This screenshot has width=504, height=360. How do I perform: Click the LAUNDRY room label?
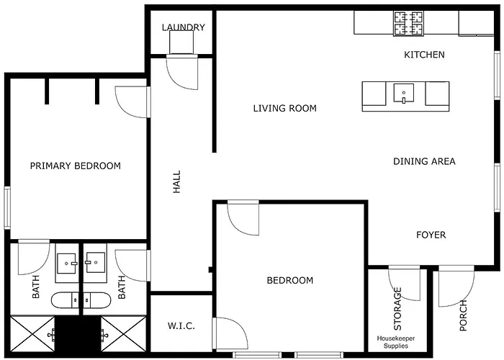coord(183,27)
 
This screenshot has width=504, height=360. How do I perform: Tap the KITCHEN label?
coord(424,55)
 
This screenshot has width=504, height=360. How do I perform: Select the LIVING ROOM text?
coord(285,108)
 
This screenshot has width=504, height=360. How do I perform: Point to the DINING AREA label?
coord(424,161)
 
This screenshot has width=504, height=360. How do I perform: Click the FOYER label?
coord(431,235)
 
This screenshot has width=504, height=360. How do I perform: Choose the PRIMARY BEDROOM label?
coord(76,166)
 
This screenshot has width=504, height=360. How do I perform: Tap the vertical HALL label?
coord(177,182)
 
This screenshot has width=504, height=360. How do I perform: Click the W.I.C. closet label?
coord(181,326)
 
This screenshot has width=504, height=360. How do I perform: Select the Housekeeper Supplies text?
coord(396,342)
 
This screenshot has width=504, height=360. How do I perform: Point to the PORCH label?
coord(463,315)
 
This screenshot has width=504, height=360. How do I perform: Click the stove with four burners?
coord(408,23)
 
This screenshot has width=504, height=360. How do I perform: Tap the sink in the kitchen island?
coord(404,93)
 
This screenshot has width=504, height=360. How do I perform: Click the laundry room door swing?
coord(182,72)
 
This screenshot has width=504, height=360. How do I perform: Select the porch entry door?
coord(456,286)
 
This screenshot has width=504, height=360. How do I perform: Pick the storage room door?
coord(405,283)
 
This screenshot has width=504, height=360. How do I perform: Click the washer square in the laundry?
coord(181,42)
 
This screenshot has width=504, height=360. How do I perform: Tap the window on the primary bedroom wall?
coord(7,208)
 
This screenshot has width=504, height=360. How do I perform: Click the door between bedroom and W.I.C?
coord(230,333)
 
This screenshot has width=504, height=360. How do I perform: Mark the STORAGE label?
coord(397,309)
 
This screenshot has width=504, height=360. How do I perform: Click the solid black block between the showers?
coord(78,333)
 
